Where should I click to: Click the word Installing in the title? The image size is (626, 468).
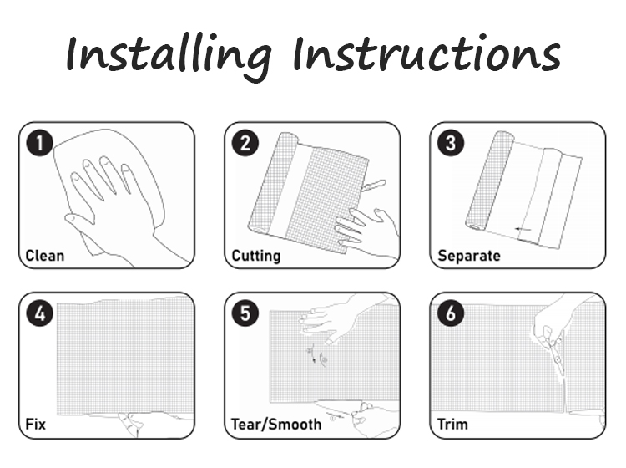point(169,55)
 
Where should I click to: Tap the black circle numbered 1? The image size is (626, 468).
point(39,143)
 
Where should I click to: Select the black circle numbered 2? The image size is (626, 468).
point(245,143)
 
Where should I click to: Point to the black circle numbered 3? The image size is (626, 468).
point(451,143)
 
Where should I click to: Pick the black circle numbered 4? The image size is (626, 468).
point(39,313)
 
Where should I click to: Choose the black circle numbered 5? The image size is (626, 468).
point(245,313)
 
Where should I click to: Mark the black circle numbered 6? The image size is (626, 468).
point(451,313)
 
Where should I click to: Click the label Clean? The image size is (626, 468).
point(45,256)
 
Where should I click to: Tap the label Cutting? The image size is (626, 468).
point(256,257)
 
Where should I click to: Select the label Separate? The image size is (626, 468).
point(469,257)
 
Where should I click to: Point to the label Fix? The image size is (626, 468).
point(36,424)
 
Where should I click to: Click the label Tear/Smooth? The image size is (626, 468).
point(276,425)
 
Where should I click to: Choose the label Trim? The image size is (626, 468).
point(452,424)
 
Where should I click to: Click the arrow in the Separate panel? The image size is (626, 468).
point(523,229)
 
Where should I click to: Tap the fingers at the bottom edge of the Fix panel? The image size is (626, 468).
point(132,425)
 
